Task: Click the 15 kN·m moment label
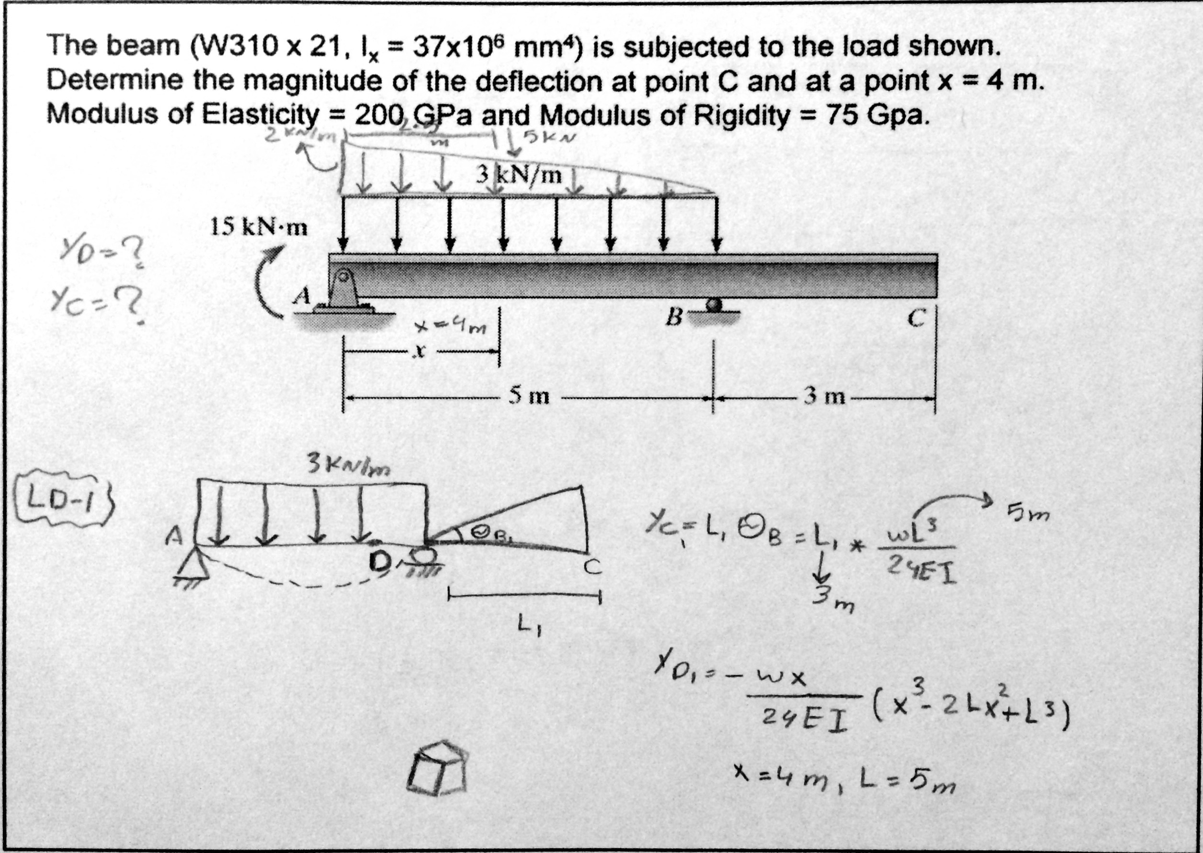pyautogui.click(x=258, y=228)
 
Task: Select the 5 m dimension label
pyautogui.click(x=528, y=396)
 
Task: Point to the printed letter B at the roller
pyautogui.click(x=673, y=317)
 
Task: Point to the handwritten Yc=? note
pyautogui.click(x=100, y=304)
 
